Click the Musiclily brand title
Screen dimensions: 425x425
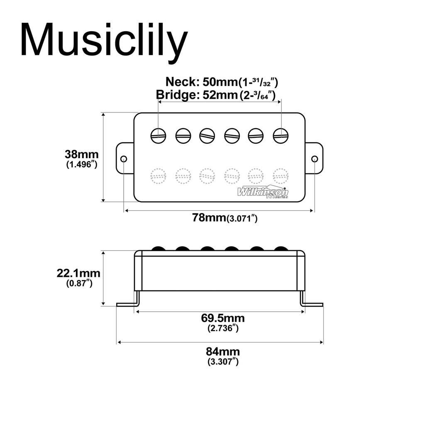pyautogui.click(x=104, y=40)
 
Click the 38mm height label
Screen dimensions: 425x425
pyautogui.click(x=81, y=154)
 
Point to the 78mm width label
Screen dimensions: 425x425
pyautogui.click(x=209, y=217)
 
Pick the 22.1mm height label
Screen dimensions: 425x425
pyautogui.click(x=78, y=273)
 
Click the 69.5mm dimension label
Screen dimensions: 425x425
pyautogui.click(x=222, y=318)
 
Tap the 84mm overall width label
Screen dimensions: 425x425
pyautogui.click(x=222, y=352)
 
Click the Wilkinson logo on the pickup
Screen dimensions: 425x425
pyautogui.click(x=263, y=192)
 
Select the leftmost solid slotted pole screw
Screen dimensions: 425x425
pyautogui.click(x=158, y=135)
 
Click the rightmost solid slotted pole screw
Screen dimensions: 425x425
pyautogui.click(x=281, y=135)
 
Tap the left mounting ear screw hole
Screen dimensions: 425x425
pyautogui.click(x=123, y=159)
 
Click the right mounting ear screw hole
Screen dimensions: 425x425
pyautogui.click(x=315, y=159)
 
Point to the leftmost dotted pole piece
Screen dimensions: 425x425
pyautogui.click(x=158, y=176)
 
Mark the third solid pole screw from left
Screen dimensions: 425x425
pyautogui.click(x=207, y=135)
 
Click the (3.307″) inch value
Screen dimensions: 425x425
pyautogui.click(x=223, y=361)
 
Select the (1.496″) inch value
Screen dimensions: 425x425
pyautogui.click(x=82, y=164)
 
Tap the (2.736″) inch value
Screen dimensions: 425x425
pyautogui.click(x=223, y=328)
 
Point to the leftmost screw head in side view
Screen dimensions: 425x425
pyautogui.click(x=158, y=249)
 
